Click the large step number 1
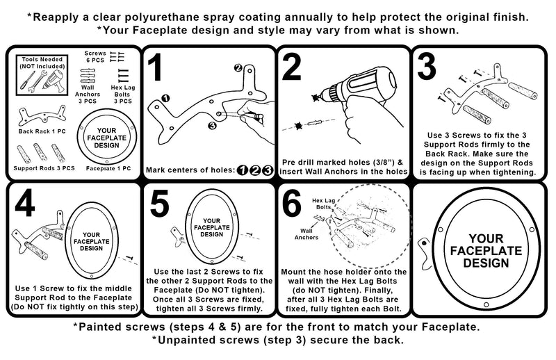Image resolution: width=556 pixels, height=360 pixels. (154, 67)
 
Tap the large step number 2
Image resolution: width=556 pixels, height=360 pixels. (292, 67)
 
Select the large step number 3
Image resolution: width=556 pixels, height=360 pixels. (427, 67)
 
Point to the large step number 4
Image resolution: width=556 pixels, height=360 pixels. (25, 203)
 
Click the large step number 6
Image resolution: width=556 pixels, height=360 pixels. (292, 203)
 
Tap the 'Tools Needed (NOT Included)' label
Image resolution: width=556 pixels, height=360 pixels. (42, 63)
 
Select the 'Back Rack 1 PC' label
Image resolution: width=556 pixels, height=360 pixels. (42, 131)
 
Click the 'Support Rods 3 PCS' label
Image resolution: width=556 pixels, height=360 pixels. (44, 168)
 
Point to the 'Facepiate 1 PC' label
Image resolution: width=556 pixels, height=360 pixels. (108, 168)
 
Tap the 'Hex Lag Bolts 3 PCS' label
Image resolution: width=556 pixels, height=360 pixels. (123, 95)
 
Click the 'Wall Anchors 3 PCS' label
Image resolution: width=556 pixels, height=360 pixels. (88, 94)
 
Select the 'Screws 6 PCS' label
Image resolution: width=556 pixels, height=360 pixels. (95, 57)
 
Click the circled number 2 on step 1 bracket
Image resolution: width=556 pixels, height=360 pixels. (238, 67)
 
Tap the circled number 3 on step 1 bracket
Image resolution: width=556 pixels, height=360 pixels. (212, 125)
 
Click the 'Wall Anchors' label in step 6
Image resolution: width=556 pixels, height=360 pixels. (306, 234)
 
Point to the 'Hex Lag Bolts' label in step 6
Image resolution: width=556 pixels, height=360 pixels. (323, 204)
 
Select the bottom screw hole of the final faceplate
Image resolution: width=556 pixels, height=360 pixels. (486, 304)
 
